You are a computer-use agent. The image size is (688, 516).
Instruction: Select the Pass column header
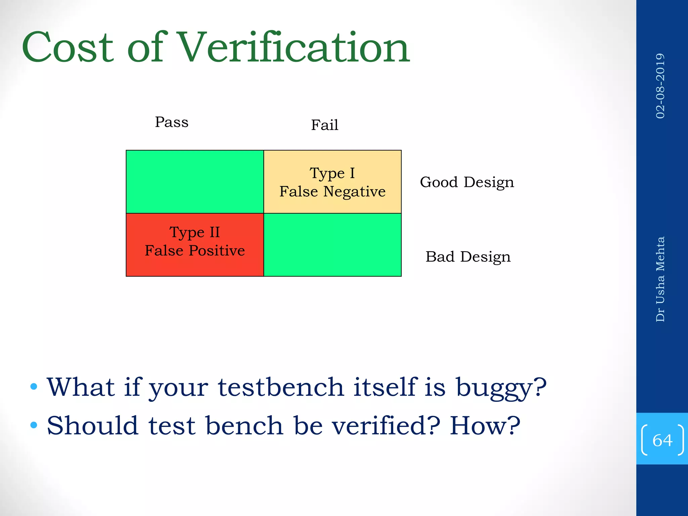[172, 122]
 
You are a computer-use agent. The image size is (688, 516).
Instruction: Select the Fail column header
[325, 125]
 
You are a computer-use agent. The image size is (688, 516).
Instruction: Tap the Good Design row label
[467, 182]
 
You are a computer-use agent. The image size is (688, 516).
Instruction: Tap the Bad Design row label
[468, 257]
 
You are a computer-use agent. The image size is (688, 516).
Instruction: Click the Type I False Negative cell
[333, 182]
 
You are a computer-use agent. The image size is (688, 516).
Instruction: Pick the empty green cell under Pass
[195, 182]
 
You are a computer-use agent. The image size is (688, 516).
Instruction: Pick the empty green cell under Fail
[333, 245]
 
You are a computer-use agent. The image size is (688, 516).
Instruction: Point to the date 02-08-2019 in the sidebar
[660, 86]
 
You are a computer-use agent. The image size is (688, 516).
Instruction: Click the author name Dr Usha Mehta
[660, 279]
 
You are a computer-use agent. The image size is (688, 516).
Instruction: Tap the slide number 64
[662, 440]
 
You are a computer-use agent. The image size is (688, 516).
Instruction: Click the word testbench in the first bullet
[281, 387]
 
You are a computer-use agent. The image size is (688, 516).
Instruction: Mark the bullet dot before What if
[34, 387]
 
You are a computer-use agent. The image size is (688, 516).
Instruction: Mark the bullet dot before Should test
[34, 425]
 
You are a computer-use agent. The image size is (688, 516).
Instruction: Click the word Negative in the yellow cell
[354, 191]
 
